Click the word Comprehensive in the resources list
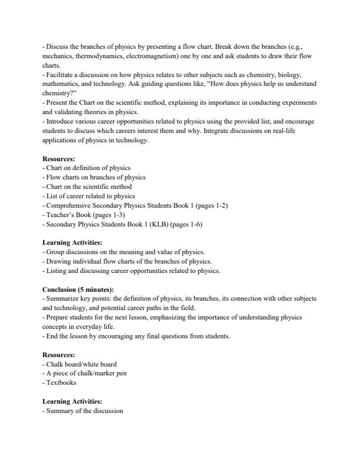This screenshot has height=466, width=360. click(68, 205)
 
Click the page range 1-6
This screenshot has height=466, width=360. click(178, 224)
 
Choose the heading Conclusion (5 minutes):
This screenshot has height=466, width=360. click(78, 289)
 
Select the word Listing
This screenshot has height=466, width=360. click(55, 271)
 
